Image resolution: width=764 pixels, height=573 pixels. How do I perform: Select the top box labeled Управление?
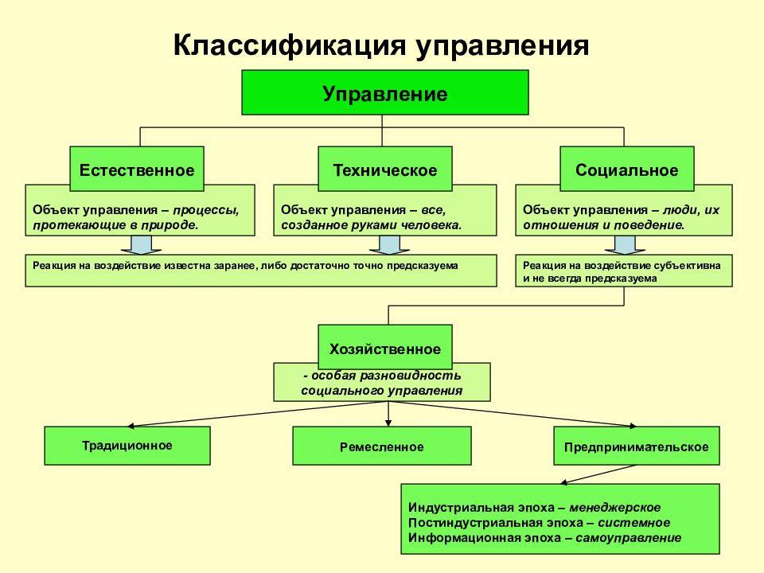click(385, 92)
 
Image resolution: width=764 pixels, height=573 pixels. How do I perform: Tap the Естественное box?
click(137, 169)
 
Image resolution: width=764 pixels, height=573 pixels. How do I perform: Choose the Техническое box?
click(385, 169)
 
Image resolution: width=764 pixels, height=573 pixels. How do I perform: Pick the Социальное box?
click(626, 169)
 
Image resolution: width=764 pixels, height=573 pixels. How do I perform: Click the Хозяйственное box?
click(385, 347)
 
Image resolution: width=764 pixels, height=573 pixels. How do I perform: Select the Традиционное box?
click(127, 446)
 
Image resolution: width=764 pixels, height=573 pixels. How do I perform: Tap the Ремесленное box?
click(382, 446)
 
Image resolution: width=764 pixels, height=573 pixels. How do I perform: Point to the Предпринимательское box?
click(637, 446)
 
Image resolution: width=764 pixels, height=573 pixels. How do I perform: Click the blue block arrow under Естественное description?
click(142, 245)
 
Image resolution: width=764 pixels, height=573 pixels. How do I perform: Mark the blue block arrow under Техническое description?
click(389, 245)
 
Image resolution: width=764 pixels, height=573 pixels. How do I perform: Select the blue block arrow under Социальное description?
click(626, 245)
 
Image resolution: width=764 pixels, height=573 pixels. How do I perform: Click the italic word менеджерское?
click(615, 508)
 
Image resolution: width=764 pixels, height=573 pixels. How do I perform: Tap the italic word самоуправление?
click(629, 538)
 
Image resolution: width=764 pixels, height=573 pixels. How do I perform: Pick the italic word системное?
click(634, 523)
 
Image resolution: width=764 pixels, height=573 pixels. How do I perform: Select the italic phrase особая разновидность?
click(382, 376)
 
